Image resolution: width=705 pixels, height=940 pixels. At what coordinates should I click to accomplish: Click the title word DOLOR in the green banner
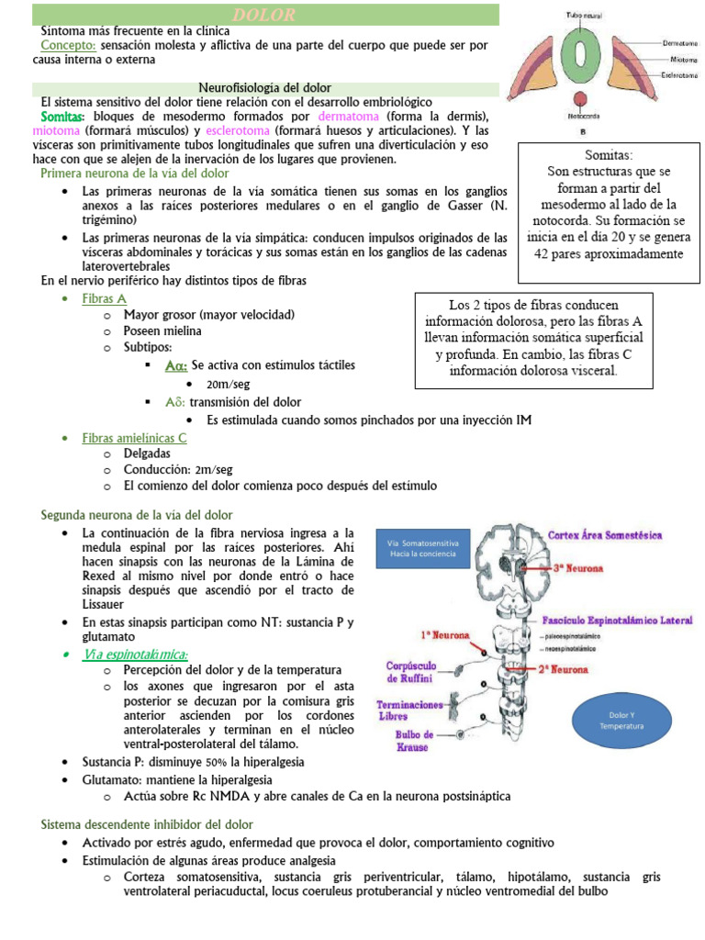pos(263,15)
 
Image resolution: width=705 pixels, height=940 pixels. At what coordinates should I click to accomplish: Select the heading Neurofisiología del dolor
pos(265,88)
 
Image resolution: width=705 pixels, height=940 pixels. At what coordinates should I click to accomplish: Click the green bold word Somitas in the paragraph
pos(62,117)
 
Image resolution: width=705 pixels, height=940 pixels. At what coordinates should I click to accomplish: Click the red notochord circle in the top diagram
pos(579,100)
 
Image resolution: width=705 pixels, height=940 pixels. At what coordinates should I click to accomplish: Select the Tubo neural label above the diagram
pos(582,16)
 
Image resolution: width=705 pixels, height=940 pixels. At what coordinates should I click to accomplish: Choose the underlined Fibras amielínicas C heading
pos(134,438)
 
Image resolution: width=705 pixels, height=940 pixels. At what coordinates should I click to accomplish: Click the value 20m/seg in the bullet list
pos(229,384)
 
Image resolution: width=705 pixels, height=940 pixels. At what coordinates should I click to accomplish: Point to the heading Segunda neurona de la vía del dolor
pos(137,515)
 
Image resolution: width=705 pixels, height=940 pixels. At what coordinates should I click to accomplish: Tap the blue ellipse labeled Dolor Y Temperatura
pos(621,719)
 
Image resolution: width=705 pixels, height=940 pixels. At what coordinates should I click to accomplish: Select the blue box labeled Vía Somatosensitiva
pos(423,553)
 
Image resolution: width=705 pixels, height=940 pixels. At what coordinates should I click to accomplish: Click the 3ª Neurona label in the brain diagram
pos(577,569)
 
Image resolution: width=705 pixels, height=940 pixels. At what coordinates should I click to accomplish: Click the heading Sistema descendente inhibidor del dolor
pos(147,824)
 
